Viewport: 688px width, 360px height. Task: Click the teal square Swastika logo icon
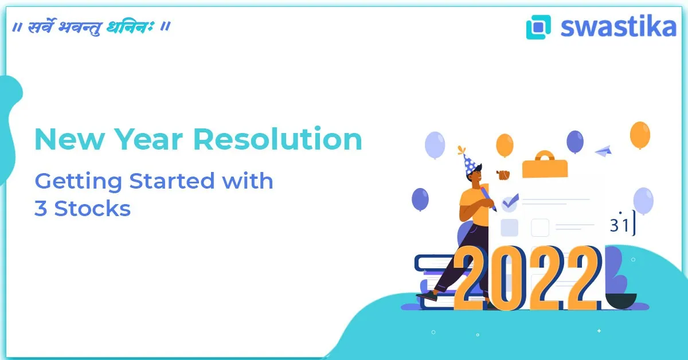538,27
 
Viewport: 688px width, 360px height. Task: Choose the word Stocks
92,209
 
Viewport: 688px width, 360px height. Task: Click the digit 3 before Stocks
41,209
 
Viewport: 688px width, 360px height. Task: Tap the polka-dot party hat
469,162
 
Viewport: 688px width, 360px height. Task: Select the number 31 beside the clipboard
620,225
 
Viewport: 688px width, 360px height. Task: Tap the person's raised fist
503,174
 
